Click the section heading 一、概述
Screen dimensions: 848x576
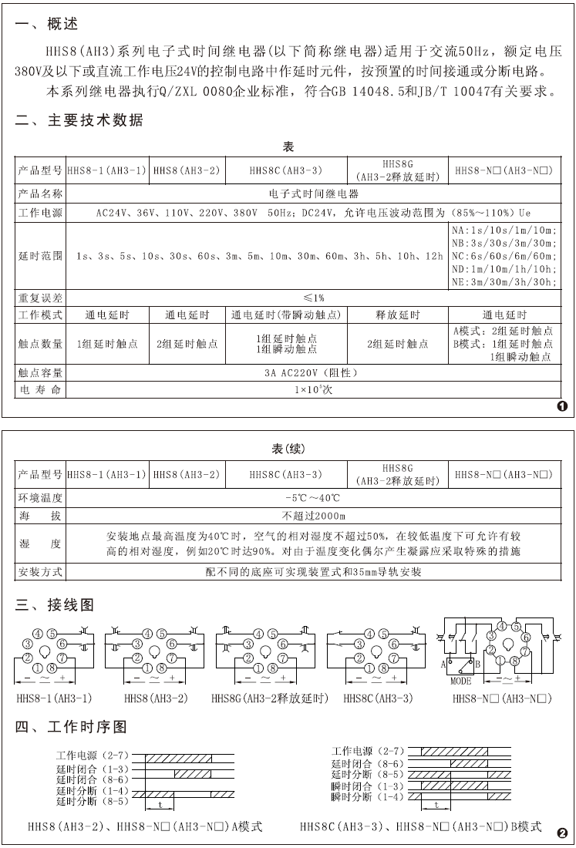(47, 25)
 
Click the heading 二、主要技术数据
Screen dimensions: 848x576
(79, 120)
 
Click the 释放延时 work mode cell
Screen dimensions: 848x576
(397, 315)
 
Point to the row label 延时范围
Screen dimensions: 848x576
(41, 255)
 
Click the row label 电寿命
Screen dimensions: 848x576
(41, 390)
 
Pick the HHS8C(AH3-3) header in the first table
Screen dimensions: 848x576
(286, 170)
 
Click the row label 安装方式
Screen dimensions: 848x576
(41, 572)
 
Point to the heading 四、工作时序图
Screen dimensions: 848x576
(71, 727)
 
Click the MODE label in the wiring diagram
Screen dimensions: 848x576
(460, 681)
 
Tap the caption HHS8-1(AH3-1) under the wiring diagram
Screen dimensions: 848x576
(54, 698)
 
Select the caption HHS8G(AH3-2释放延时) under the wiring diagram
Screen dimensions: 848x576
(269, 698)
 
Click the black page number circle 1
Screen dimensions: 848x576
(562, 405)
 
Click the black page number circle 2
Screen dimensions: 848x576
(562, 832)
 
